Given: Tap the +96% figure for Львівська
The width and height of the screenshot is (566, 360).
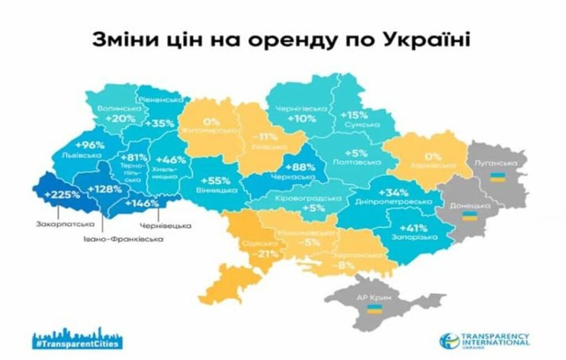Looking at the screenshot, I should point(91,145).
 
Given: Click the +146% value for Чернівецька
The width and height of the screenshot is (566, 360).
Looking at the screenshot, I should point(142,204).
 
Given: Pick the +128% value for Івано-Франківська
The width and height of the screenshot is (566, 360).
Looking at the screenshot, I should point(103,189).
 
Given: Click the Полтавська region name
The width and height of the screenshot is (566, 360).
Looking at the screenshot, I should point(359,163).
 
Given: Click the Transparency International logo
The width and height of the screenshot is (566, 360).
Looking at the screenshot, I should point(485,340).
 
